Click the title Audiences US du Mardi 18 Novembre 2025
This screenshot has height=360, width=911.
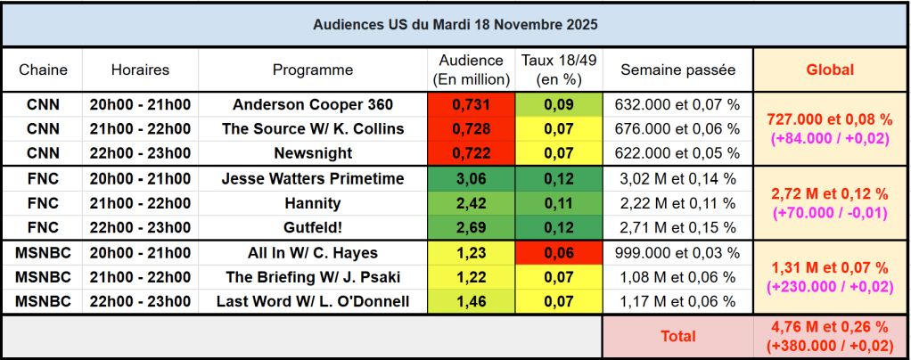(x=455, y=24)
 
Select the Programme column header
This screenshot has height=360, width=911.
(x=313, y=70)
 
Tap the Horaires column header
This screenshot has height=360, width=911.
(x=140, y=70)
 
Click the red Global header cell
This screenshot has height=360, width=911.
(x=830, y=70)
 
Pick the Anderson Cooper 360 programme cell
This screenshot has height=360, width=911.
(x=313, y=104)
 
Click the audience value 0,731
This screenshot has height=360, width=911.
(x=471, y=104)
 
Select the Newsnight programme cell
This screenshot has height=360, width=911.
(x=313, y=152)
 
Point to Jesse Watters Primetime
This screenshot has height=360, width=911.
(x=313, y=179)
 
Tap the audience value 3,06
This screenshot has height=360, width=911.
(x=471, y=179)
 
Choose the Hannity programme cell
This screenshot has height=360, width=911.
(x=313, y=203)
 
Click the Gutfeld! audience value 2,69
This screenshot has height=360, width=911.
(x=471, y=227)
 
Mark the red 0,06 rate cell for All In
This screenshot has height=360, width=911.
(x=559, y=253)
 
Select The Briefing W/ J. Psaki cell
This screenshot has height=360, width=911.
(x=313, y=277)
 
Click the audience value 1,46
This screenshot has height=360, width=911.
(x=471, y=302)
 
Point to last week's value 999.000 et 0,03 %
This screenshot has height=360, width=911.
(x=677, y=253)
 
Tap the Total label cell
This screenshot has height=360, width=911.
(x=677, y=337)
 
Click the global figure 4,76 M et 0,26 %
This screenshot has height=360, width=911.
(x=830, y=329)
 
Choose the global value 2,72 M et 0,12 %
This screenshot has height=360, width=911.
(x=830, y=192)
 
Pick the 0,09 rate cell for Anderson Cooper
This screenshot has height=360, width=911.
(x=559, y=104)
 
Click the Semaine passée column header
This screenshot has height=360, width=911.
(x=677, y=70)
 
